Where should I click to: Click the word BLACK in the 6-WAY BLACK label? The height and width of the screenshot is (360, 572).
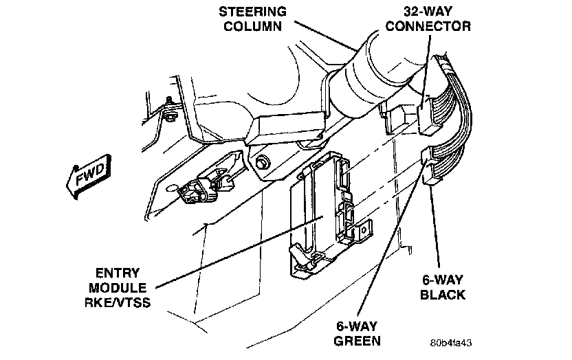(443, 295)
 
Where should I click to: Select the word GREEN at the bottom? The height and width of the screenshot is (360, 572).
(357, 341)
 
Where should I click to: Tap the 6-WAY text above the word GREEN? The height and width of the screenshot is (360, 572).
(357, 325)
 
